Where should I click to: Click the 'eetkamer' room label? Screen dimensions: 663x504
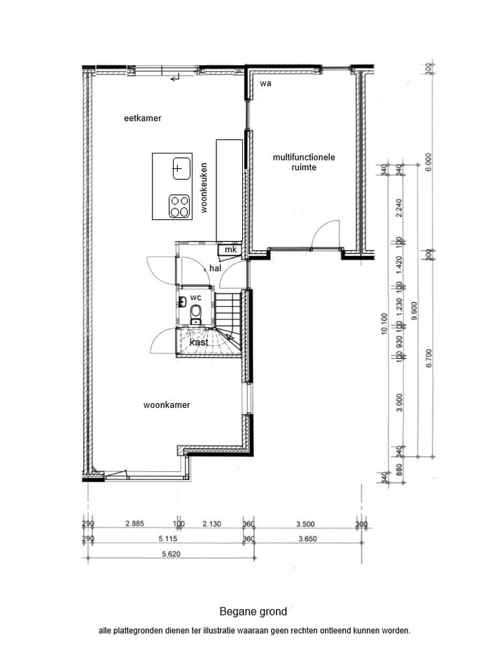[x=143, y=118]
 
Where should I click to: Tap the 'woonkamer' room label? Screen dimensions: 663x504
[x=167, y=404]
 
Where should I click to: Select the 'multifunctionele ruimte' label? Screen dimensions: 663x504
[x=304, y=162]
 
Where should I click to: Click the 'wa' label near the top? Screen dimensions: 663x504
[x=265, y=83]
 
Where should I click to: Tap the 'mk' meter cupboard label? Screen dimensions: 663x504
[x=230, y=250]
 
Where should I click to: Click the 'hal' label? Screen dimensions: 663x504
[x=215, y=268]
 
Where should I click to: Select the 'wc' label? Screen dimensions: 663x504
[x=196, y=297]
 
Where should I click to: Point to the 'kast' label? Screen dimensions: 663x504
[x=198, y=343]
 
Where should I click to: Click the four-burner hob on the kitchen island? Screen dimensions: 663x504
[x=179, y=206]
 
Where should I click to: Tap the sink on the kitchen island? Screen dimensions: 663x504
[x=181, y=168]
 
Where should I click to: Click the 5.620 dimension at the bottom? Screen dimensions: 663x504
[x=166, y=552]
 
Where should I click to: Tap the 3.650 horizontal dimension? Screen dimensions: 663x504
[x=304, y=538]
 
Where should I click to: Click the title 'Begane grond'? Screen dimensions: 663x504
[x=253, y=611]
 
